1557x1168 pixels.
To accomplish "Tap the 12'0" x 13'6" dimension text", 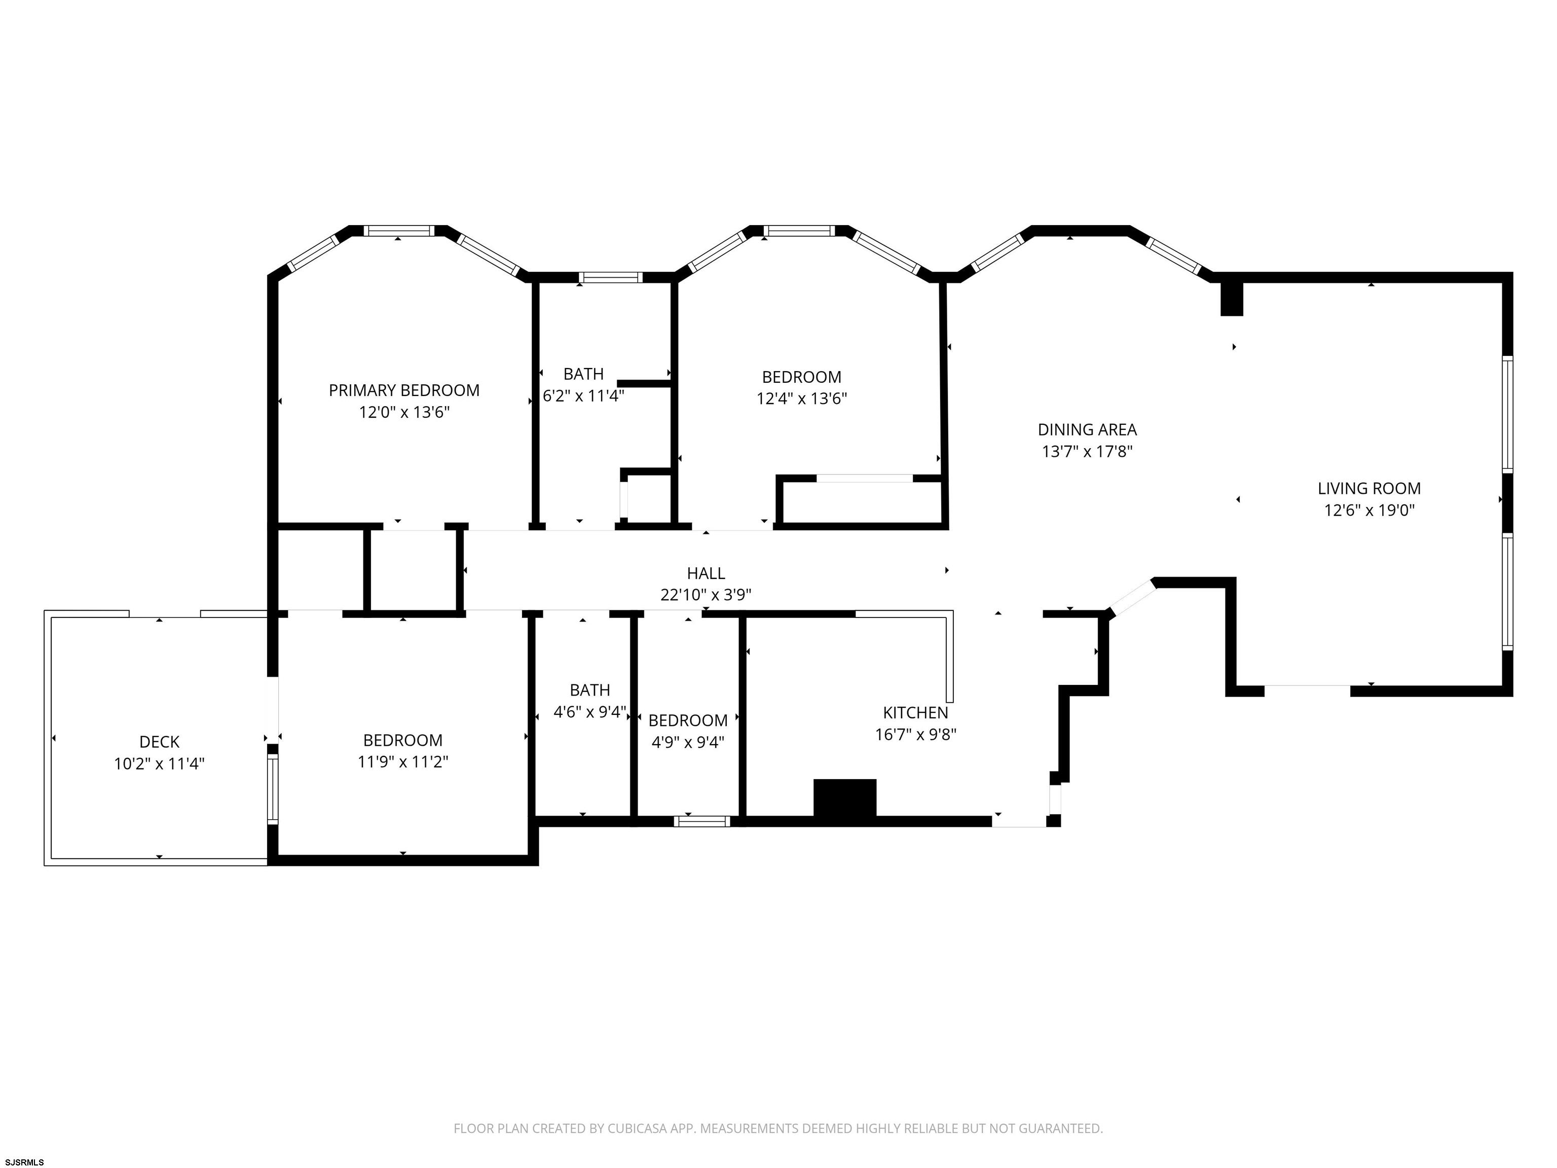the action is coord(404,412).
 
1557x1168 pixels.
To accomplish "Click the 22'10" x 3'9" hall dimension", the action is coord(706,595).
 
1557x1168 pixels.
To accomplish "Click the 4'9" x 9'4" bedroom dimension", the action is coord(688,742).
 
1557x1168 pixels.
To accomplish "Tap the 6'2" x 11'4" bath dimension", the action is coord(583,395).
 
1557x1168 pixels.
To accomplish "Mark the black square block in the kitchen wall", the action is coord(845,797).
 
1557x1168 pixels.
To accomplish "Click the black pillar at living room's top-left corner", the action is coord(1232,299).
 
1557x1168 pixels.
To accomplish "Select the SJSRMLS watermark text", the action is coord(25,1162).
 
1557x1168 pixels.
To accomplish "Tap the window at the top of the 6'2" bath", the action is coord(610,277).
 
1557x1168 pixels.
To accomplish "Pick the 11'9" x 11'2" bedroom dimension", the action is coord(402,762).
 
